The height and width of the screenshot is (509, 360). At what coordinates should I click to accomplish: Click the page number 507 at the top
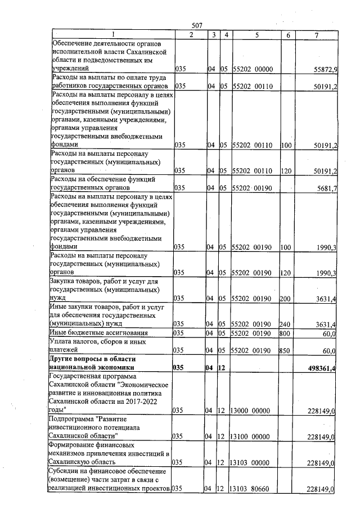(197, 25)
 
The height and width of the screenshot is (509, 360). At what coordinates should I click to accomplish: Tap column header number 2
(190, 35)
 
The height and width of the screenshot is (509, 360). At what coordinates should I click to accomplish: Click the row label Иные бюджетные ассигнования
(99, 333)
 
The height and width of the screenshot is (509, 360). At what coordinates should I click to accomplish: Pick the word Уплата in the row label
(63, 341)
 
